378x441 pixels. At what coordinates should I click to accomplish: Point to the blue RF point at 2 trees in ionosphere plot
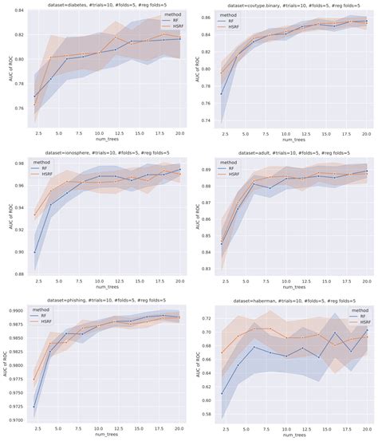[36, 252]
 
